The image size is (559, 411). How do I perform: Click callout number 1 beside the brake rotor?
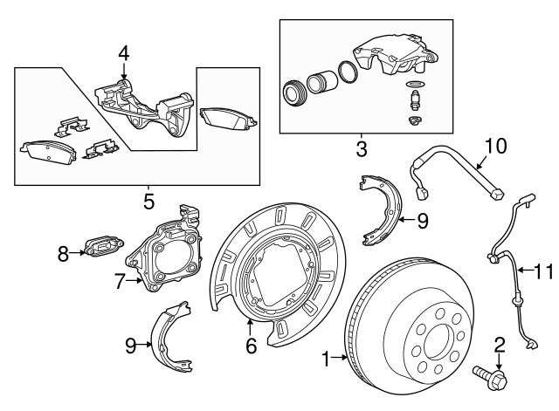(326, 358)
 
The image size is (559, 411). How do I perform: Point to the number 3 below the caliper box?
(362, 149)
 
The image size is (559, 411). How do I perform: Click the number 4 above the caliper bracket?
(124, 53)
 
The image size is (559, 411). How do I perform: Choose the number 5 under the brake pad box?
(148, 202)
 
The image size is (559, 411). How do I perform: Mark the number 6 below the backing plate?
(251, 346)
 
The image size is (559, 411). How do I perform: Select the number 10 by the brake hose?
(495, 146)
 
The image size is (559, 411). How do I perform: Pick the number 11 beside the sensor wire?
(542, 272)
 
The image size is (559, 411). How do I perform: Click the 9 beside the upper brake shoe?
(423, 221)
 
